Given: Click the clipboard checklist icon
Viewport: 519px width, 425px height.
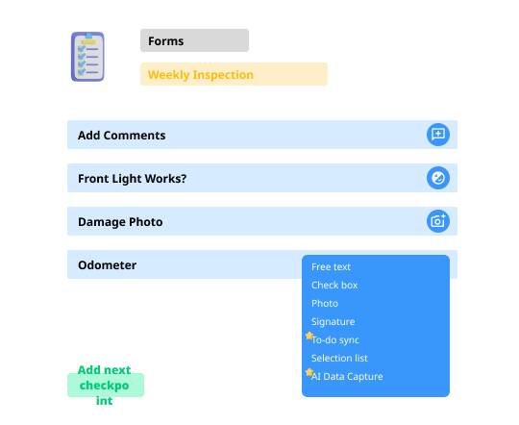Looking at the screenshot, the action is pyautogui.click(x=87, y=57).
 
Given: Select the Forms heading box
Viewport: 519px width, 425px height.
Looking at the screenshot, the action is pyautogui.click(x=194, y=40).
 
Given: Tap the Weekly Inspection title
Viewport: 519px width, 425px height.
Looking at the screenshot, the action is pyautogui.click(x=201, y=75).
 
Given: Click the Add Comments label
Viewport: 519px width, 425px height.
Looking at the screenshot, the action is pyautogui.click(x=121, y=136).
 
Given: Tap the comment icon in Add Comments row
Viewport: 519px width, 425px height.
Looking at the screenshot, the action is pyautogui.click(x=438, y=135).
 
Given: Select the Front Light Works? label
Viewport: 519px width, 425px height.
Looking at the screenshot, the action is pyautogui.click(x=132, y=179).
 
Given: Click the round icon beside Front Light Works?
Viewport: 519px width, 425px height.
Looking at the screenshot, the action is pyautogui.click(x=438, y=178).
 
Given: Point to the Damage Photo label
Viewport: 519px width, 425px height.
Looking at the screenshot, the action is pyautogui.click(x=120, y=221).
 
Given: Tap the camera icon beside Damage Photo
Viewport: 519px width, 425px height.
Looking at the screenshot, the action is pyautogui.click(x=438, y=221).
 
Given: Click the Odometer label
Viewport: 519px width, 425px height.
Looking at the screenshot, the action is pyautogui.click(x=107, y=265).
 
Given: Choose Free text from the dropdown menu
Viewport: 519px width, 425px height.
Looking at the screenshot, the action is pyautogui.click(x=331, y=266).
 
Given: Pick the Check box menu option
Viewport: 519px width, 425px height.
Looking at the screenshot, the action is pyautogui.click(x=334, y=285).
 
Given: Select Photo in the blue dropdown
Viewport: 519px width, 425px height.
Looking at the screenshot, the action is pyautogui.click(x=325, y=303).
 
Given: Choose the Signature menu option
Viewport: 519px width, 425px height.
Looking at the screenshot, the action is pyautogui.click(x=333, y=321).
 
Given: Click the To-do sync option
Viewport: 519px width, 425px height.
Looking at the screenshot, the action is pyautogui.click(x=335, y=339).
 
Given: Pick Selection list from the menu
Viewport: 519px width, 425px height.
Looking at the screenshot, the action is pyautogui.click(x=339, y=358).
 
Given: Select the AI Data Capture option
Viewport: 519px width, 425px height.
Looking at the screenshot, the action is pyautogui.click(x=347, y=376).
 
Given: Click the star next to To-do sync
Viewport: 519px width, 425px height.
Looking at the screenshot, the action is pyautogui.click(x=309, y=336).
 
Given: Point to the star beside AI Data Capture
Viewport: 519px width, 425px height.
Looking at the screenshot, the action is pyautogui.click(x=309, y=372).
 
